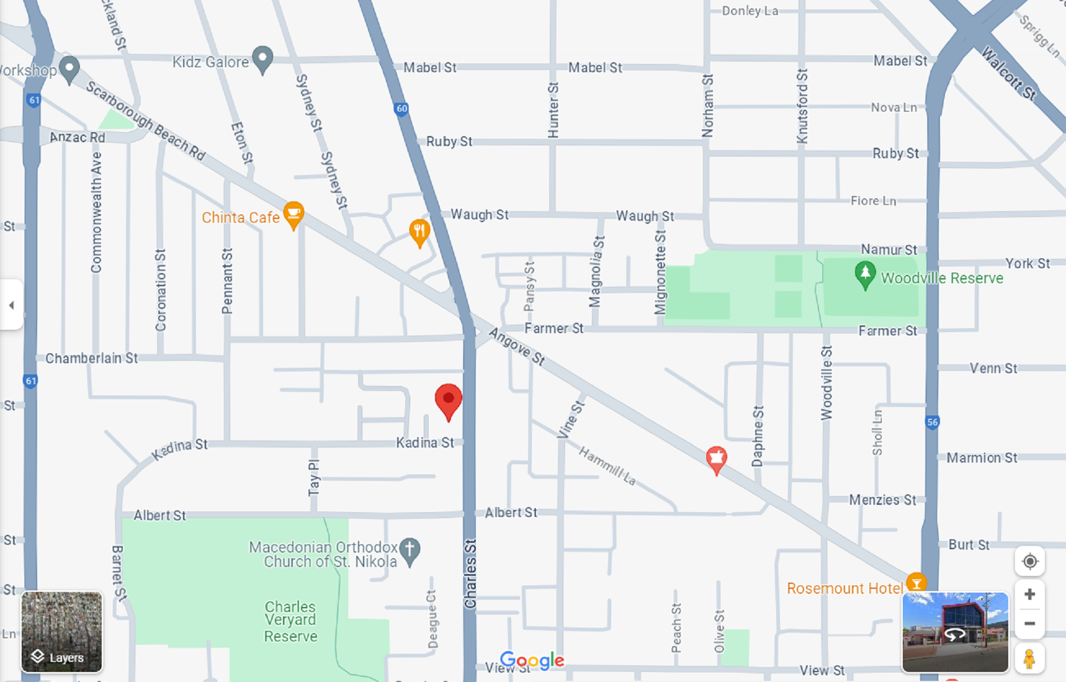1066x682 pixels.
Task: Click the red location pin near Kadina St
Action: (x=448, y=400)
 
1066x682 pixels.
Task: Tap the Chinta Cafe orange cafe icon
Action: (x=293, y=214)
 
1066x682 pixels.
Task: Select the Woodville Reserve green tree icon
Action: (x=864, y=274)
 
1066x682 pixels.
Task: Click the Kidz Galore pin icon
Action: (x=263, y=58)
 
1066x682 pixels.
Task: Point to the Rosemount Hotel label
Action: (x=844, y=588)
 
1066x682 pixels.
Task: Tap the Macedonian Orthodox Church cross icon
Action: (x=410, y=550)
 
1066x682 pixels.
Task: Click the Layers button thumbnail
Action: (x=62, y=632)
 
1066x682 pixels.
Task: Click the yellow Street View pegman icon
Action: (x=1029, y=659)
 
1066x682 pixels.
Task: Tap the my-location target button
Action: (x=1029, y=561)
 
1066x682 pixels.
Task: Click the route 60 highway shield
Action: (x=401, y=109)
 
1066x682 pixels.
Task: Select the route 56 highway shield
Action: (x=932, y=422)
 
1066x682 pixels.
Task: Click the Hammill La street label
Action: (x=607, y=465)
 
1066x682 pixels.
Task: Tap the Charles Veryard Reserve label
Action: (x=290, y=621)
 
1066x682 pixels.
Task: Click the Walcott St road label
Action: (x=1008, y=73)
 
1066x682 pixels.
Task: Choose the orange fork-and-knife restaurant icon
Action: (x=419, y=231)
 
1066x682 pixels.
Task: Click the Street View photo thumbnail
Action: (x=955, y=632)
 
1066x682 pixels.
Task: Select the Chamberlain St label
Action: (x=92, y=358)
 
